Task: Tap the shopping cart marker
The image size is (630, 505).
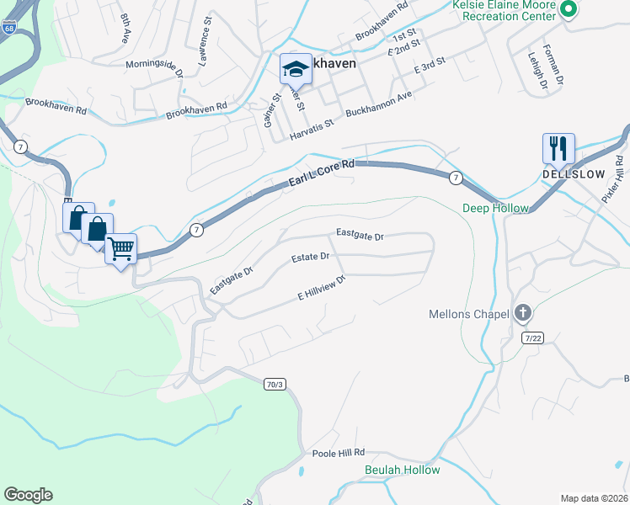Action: coord(121,248)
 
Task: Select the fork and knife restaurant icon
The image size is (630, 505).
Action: coord(558,149)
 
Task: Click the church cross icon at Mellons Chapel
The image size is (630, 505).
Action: coord(522,314)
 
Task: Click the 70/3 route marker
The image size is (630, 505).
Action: coord(275,385)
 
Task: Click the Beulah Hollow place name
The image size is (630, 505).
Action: coord(402,470)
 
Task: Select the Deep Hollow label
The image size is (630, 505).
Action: coord(495,208)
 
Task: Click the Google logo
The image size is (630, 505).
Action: coord(28,495)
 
